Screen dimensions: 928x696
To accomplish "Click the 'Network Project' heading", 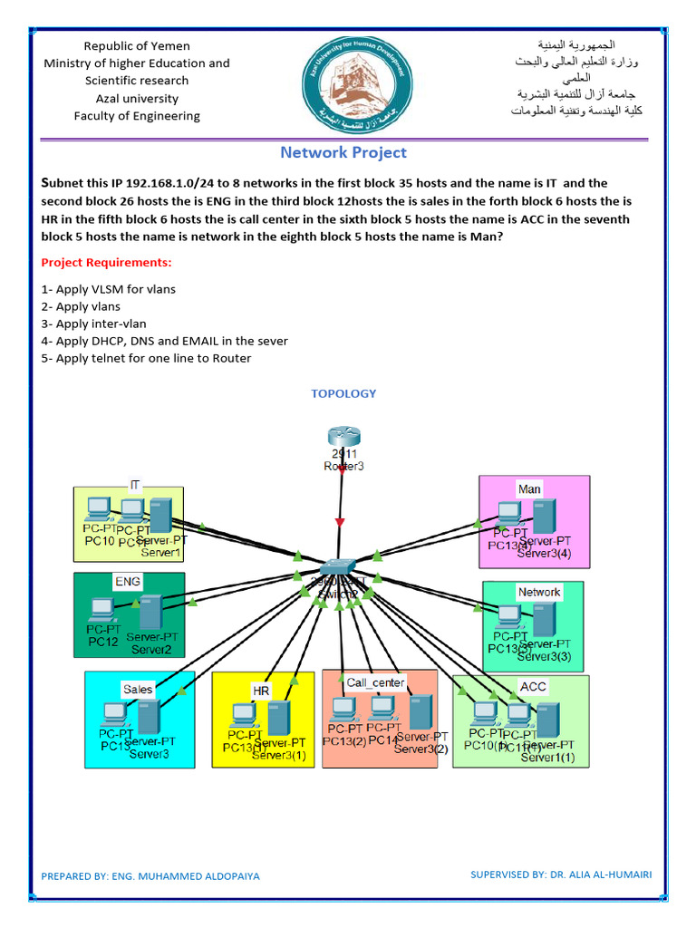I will coord(343,153).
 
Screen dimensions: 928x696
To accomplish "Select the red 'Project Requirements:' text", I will coord(106,263).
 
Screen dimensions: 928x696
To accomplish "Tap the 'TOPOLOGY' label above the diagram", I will coord(343,393).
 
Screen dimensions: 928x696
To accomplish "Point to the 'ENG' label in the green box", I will coord(127,581).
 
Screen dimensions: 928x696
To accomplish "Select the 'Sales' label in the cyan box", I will coord(138,689).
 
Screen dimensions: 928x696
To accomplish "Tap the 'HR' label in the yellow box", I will coord(261,691).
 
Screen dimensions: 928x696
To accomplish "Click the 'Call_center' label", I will coord(375,681).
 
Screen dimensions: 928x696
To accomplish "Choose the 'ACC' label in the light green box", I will coord(533,686).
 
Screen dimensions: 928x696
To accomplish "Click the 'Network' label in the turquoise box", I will coord(539,592).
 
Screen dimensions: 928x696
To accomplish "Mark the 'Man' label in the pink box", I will coord(529,488).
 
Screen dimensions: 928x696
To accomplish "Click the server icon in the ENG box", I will coord(150,614).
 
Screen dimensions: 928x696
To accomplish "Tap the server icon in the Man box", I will coord(544,516).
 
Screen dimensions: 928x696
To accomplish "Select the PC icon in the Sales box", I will coord(114,714).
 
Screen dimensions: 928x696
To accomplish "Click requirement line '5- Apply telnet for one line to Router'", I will coord(146,359).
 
